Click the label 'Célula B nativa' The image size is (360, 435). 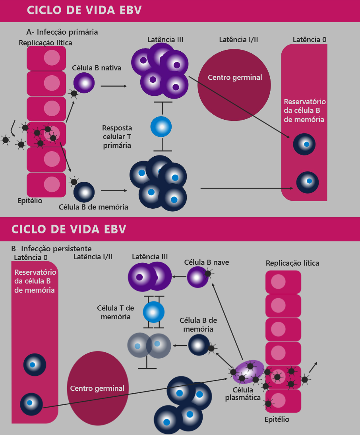pyautogui.click(x=97, y=68)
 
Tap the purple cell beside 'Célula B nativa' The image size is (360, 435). pyautogui.click(x=84, y=83)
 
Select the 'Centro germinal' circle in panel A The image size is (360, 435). pyautogui.click(x=234, y=85)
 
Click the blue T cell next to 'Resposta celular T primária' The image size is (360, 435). pyautogui.click(x=161, y=127)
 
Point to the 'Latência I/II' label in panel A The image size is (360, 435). pyautogui.click(x=239, y=40)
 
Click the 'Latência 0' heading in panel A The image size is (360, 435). pyautogui.click(x=310, y=40)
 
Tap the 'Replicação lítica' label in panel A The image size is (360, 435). pyautogui.click(x=46, y=42)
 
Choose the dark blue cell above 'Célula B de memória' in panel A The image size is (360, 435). pyautogui.click(x=84, y=192)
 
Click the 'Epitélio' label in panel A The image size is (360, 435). pyautogui.click(x=30, y=200)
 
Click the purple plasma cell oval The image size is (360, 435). pyautogui.click(x=249, y=371)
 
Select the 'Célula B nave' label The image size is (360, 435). pyautogui.click(x=207, y=262)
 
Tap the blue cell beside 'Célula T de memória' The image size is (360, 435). pyautogui.click(x=154, y=312)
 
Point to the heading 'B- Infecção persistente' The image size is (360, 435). pyautogui.click(x=52, y=249)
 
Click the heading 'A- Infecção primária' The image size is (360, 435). pyautogui.click(x=62, y=32)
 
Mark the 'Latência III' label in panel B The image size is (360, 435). pyautogui.click(x=150, y=257)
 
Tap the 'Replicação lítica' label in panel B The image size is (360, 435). pyautogui.click(x=292, y=263)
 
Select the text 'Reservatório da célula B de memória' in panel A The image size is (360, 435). pyautogui.click(x=304, y=111)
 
